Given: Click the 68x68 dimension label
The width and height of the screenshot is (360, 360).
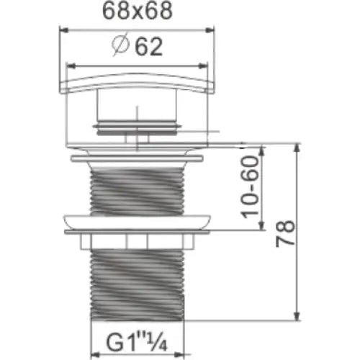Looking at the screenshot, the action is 138,12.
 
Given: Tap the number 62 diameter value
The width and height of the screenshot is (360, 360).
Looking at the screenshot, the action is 149,47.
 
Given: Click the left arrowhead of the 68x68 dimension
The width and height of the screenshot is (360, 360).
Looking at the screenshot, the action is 63,30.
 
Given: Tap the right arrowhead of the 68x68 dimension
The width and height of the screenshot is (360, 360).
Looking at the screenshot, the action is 210,30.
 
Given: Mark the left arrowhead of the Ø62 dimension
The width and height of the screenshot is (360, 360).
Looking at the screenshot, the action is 71,66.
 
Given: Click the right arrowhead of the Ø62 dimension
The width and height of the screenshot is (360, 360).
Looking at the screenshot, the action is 203,66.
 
